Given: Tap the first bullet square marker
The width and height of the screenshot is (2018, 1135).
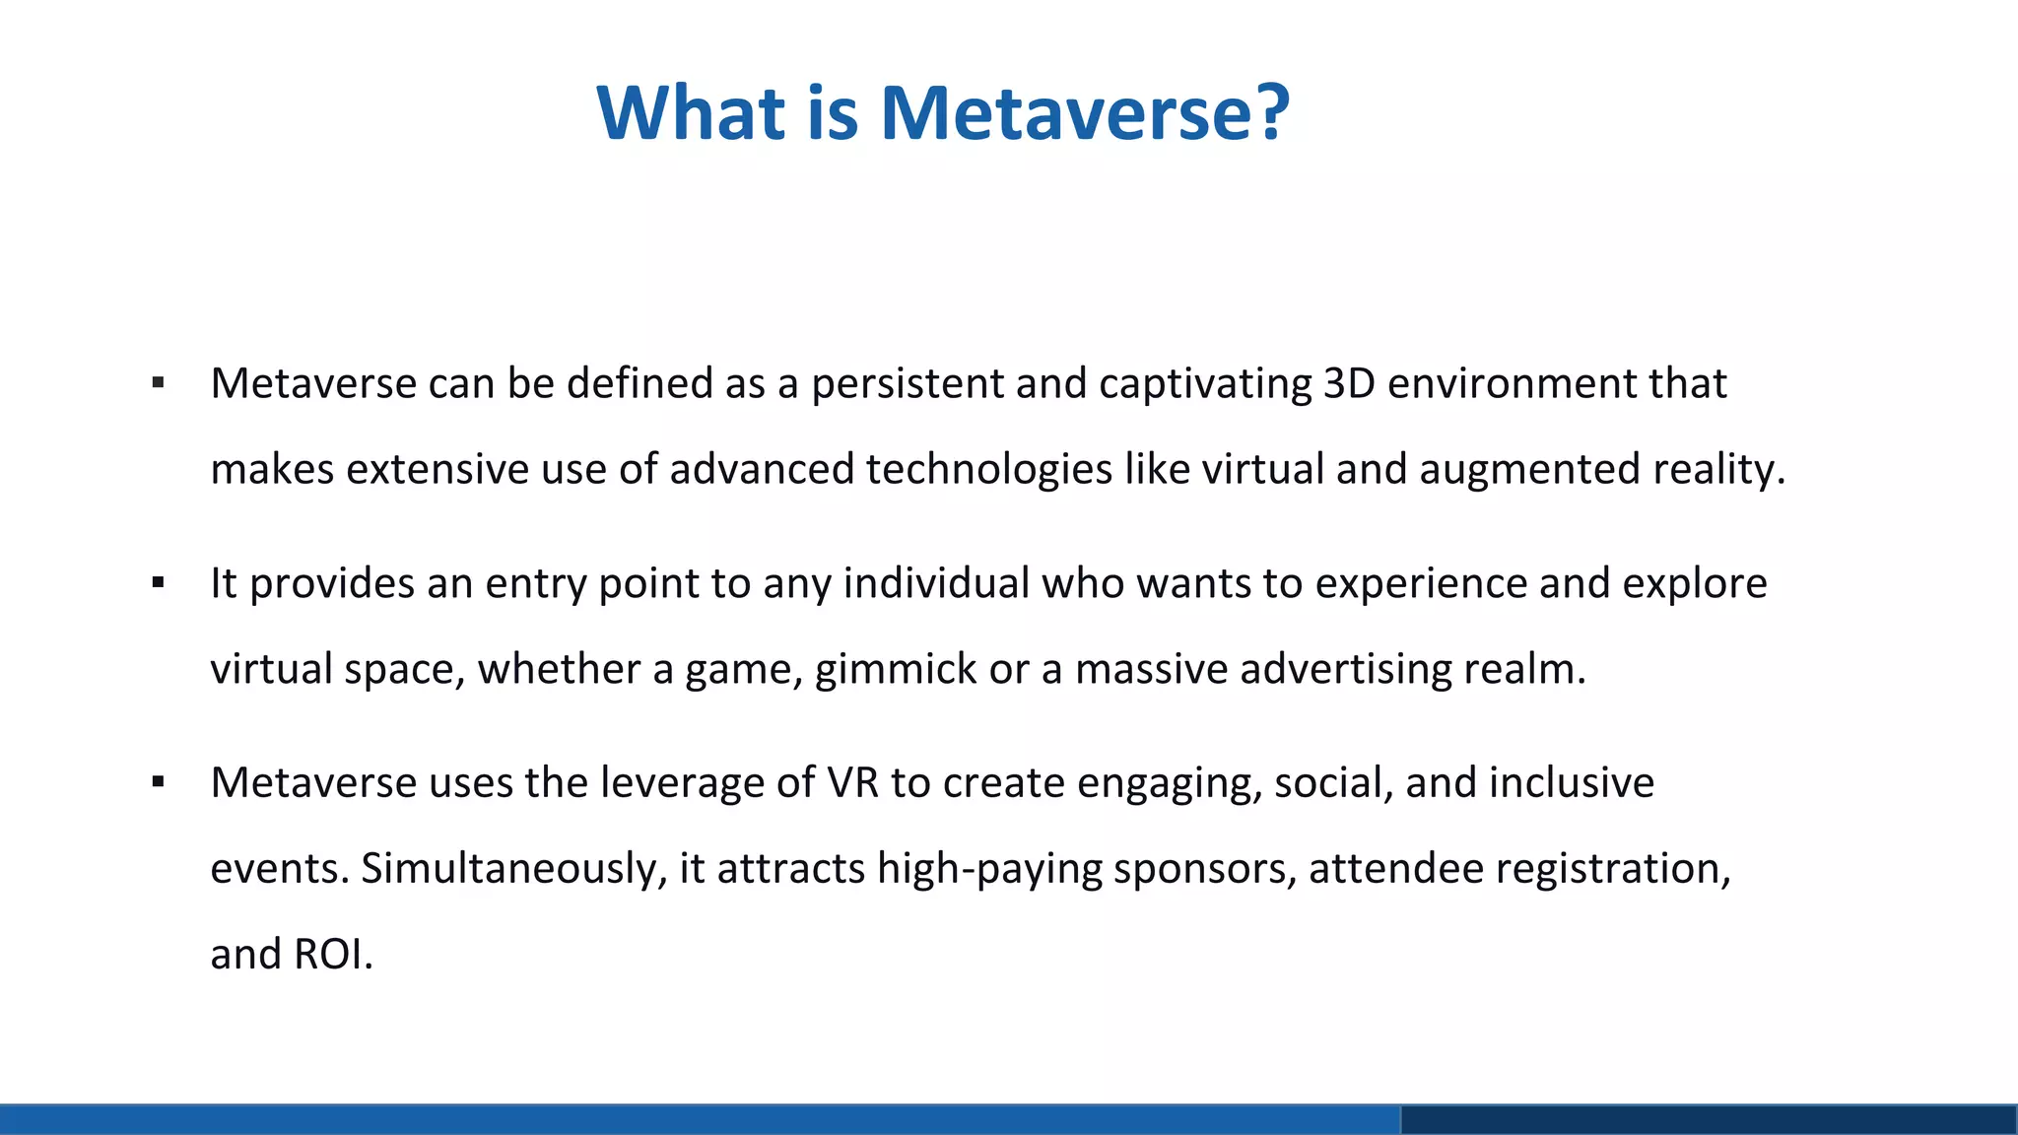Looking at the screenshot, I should pyautogui.click(x=158, y=383).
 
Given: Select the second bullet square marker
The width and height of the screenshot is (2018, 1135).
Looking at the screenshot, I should pyautogui.click(x=158, y=583).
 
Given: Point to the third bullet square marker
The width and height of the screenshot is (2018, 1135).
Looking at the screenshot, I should pyautogui.click(x=158, y=783).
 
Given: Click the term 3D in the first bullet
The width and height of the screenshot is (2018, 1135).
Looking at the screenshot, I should pyautogui.click(x=1348, y=383).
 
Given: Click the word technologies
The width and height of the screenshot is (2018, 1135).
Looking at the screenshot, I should pyautogui.click(x=988, y=469).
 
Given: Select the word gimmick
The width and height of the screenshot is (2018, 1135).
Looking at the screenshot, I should pyautogui.click(x=895, y=669).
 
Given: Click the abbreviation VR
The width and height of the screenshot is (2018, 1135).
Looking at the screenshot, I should pyautogui.click(x=852, y=783).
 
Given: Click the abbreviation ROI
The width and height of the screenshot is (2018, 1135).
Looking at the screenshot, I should pyautogui.click(x=332, y=954).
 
